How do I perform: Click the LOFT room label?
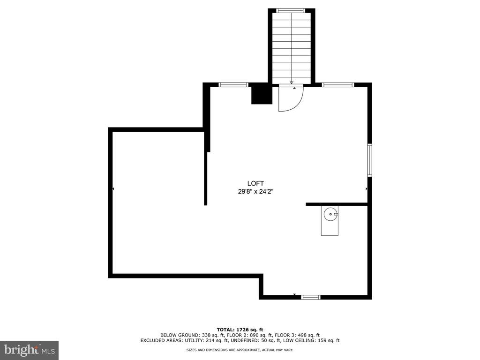tap(255, 183)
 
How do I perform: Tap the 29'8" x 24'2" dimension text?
tap(255, 192)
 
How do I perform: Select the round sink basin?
tap(330, 214)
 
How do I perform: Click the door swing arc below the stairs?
tap(299, 104)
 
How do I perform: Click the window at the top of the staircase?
tap(291, 11)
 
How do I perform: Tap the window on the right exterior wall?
tap(370, 160)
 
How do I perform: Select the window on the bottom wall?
tap(311, 297)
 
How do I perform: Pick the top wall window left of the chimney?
tap(233, 85)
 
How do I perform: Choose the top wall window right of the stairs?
tap(338, 85)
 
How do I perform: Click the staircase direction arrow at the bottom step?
tap(292, 82)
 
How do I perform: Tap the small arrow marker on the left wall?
tap(113, 189)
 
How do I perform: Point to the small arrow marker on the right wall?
tap(367, 189)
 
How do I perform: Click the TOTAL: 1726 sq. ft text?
tap(240, 330)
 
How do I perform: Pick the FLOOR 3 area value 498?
tap(307, 335)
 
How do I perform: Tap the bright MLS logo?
tap(30, 350)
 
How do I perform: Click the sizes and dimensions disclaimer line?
tap(240, 350)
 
